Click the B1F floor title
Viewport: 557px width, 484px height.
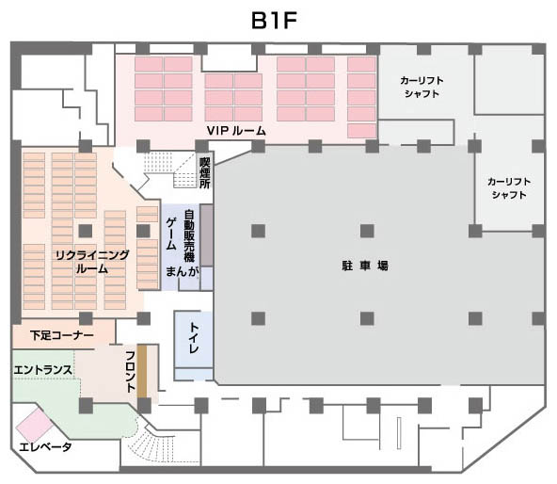coord(274,21)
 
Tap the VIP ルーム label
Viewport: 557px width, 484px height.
coord(236,131)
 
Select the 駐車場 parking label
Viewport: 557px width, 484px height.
coord(365,266)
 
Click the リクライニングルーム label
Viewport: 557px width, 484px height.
coord(92,262)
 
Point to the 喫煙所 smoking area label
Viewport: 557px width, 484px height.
coord(205,173)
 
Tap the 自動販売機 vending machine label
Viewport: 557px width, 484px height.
coord(189,236)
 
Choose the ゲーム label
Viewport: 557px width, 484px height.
coord(171,234)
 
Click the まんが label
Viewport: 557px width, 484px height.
coord(182,271)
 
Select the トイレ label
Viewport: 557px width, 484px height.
coord(194,338)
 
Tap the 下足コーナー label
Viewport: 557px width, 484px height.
coord(62,335)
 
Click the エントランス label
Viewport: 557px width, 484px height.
coord(42,370)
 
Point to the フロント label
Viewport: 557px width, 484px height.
coord(131,372)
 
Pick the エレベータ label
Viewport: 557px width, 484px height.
coord(45,446)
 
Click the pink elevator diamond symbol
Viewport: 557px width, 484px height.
coord(35,426)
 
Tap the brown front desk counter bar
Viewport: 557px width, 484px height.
coord(142,371)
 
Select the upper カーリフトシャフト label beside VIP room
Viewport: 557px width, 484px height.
coord(422,88)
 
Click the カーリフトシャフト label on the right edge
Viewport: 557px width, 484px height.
coord(509,188)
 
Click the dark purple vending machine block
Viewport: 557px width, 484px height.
coord(206,235)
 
